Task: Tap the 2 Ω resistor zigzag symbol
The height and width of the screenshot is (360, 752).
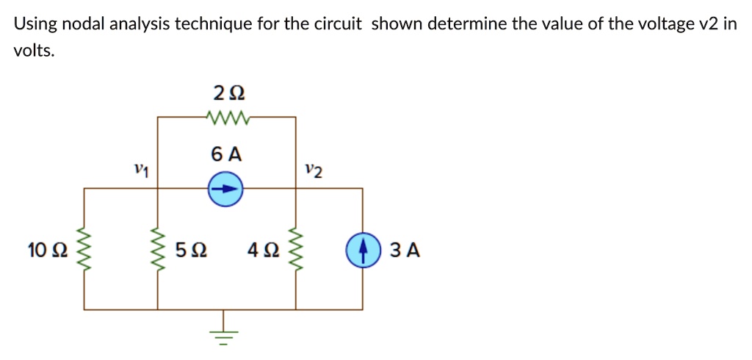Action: coord(228,117)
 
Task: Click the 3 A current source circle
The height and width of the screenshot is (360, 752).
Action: coord(363,250)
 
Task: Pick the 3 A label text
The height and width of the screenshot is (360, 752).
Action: coord(405,251)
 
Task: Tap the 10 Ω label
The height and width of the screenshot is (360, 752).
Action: coord(47,251)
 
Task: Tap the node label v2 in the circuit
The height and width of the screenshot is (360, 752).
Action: coord(314,171)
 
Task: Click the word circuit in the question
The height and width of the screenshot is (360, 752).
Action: coord(337,24)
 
